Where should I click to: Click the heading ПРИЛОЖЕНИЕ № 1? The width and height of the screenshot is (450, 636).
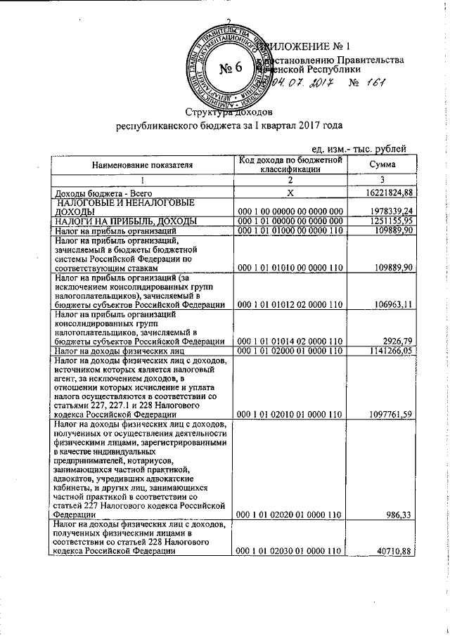coord(308,47)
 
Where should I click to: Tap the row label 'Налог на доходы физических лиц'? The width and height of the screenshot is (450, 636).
coord(115,350)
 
